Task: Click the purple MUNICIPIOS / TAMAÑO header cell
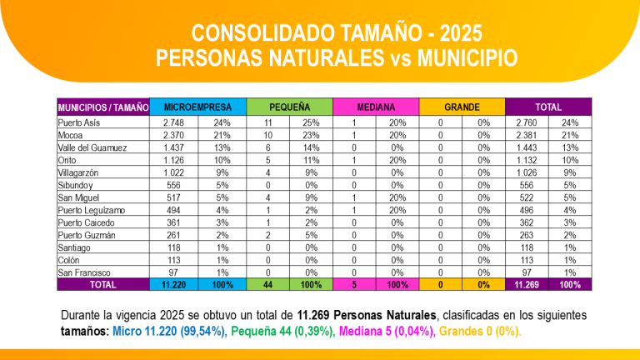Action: click(x=103, y=107)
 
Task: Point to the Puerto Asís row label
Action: click(x=79, y=122)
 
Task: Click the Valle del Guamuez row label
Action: click(x=92, y=147)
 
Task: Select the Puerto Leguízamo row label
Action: click(x=91, y=210)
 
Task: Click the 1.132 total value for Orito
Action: click(x=527, y=160)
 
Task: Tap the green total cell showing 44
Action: click(x=269, y=285)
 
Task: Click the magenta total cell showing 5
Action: click(x=354, y=285)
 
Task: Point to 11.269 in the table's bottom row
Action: click(x=527, y=285)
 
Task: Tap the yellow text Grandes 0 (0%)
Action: click(x=477, y=331)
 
